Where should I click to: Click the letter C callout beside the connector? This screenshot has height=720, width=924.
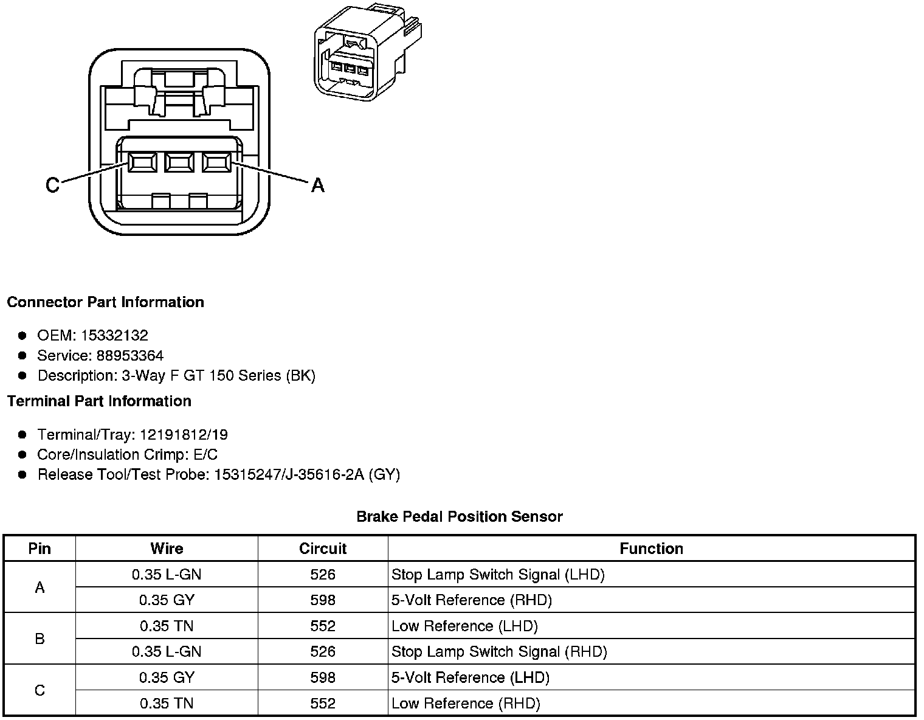[52, 185]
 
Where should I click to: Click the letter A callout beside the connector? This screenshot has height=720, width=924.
[317, 185]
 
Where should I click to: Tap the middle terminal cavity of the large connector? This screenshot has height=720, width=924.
[179, 162]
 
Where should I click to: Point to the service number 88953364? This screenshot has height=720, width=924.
[129, 355]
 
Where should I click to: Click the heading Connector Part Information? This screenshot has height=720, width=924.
[105, 302]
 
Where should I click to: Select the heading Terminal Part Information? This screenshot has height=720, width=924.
[99, 401]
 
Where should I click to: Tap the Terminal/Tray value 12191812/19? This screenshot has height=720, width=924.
[184, 434]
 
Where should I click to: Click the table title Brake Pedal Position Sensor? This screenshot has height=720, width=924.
[460, 517]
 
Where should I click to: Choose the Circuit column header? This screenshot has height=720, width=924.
[322, 549]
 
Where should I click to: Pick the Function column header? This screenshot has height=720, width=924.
[651, 549]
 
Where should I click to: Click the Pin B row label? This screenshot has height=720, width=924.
[40, 639]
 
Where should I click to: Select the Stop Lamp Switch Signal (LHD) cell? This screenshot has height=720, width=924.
[498, 574]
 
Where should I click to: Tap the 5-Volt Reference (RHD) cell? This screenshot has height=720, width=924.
[472, 600]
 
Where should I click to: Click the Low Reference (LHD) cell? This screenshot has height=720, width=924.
[464, 626]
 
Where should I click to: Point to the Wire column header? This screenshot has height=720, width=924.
[167, 549]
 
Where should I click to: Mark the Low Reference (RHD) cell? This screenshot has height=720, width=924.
[466, 704]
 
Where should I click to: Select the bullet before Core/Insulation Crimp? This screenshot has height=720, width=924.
[22, 454]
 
